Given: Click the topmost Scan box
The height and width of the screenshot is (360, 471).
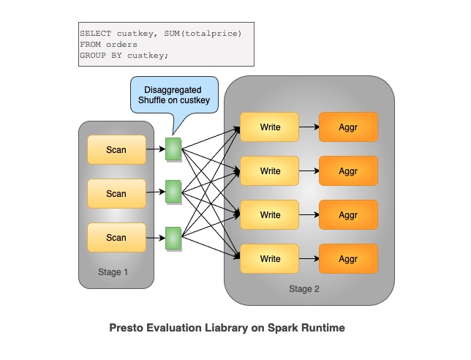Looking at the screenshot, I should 116,150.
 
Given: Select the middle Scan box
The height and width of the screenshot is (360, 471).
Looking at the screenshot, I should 116,194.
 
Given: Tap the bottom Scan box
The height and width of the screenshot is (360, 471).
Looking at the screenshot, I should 116,237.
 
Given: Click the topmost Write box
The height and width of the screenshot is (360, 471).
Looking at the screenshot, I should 270,127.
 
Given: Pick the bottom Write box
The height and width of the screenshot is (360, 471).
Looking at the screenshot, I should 270,259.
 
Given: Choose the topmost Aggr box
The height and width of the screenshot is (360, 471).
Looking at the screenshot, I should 348,127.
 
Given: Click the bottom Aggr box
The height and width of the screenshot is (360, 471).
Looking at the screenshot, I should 348,259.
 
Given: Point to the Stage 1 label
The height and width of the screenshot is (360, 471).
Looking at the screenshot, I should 113,272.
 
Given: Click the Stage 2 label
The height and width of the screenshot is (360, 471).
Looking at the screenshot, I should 304,288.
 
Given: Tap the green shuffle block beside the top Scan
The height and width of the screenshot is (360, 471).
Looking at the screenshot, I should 173,149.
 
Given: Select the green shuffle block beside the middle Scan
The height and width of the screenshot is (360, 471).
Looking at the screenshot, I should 173,193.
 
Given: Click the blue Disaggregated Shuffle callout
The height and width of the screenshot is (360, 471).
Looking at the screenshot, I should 174,95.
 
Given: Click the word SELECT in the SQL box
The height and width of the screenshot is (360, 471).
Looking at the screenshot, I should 95,34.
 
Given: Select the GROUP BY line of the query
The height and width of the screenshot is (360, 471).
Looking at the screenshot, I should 124,56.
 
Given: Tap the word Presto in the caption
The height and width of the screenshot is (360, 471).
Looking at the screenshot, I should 127,328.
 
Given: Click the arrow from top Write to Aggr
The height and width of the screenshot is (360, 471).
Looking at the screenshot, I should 309,127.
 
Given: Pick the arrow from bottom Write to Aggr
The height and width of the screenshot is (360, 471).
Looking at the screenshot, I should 309,259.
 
